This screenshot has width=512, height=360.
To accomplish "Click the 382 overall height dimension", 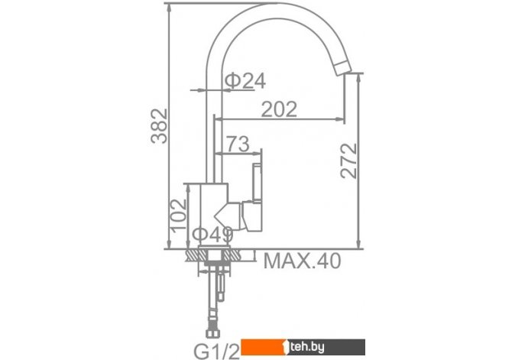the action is click(160, 126).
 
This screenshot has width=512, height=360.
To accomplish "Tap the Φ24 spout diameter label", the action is click(245, 81).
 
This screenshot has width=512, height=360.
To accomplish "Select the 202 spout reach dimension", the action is click(279, 109).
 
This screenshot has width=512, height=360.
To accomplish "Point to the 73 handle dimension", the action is click(238, 144).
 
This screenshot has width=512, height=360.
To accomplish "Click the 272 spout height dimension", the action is click(348, 161).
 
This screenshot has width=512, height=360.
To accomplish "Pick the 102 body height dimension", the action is click(179, 216).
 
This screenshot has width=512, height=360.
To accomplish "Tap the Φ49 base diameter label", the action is click(212, 234).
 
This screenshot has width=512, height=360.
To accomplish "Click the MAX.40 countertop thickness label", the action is click(302, 261).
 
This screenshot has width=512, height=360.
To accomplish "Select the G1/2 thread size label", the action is click(217, 352).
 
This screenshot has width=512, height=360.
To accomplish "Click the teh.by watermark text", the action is click(307, 347).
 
